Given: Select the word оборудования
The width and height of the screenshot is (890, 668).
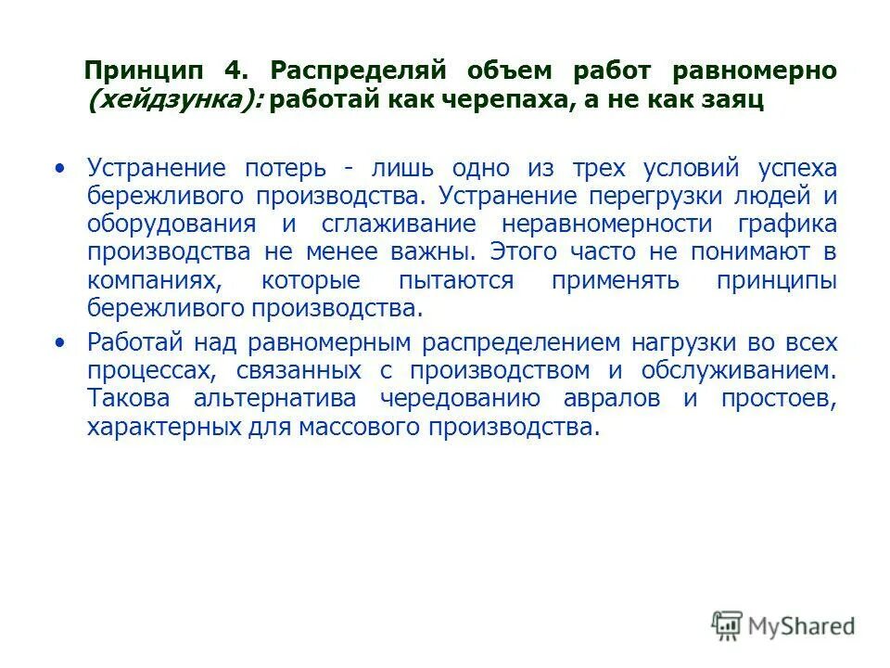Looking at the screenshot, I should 172,225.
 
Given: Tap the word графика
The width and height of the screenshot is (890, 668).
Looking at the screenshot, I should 788,225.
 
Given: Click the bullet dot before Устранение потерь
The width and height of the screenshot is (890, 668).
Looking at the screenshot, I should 61,168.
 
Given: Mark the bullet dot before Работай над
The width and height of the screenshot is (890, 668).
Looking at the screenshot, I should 61,342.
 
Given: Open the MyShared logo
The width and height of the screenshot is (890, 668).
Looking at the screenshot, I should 783,625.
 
